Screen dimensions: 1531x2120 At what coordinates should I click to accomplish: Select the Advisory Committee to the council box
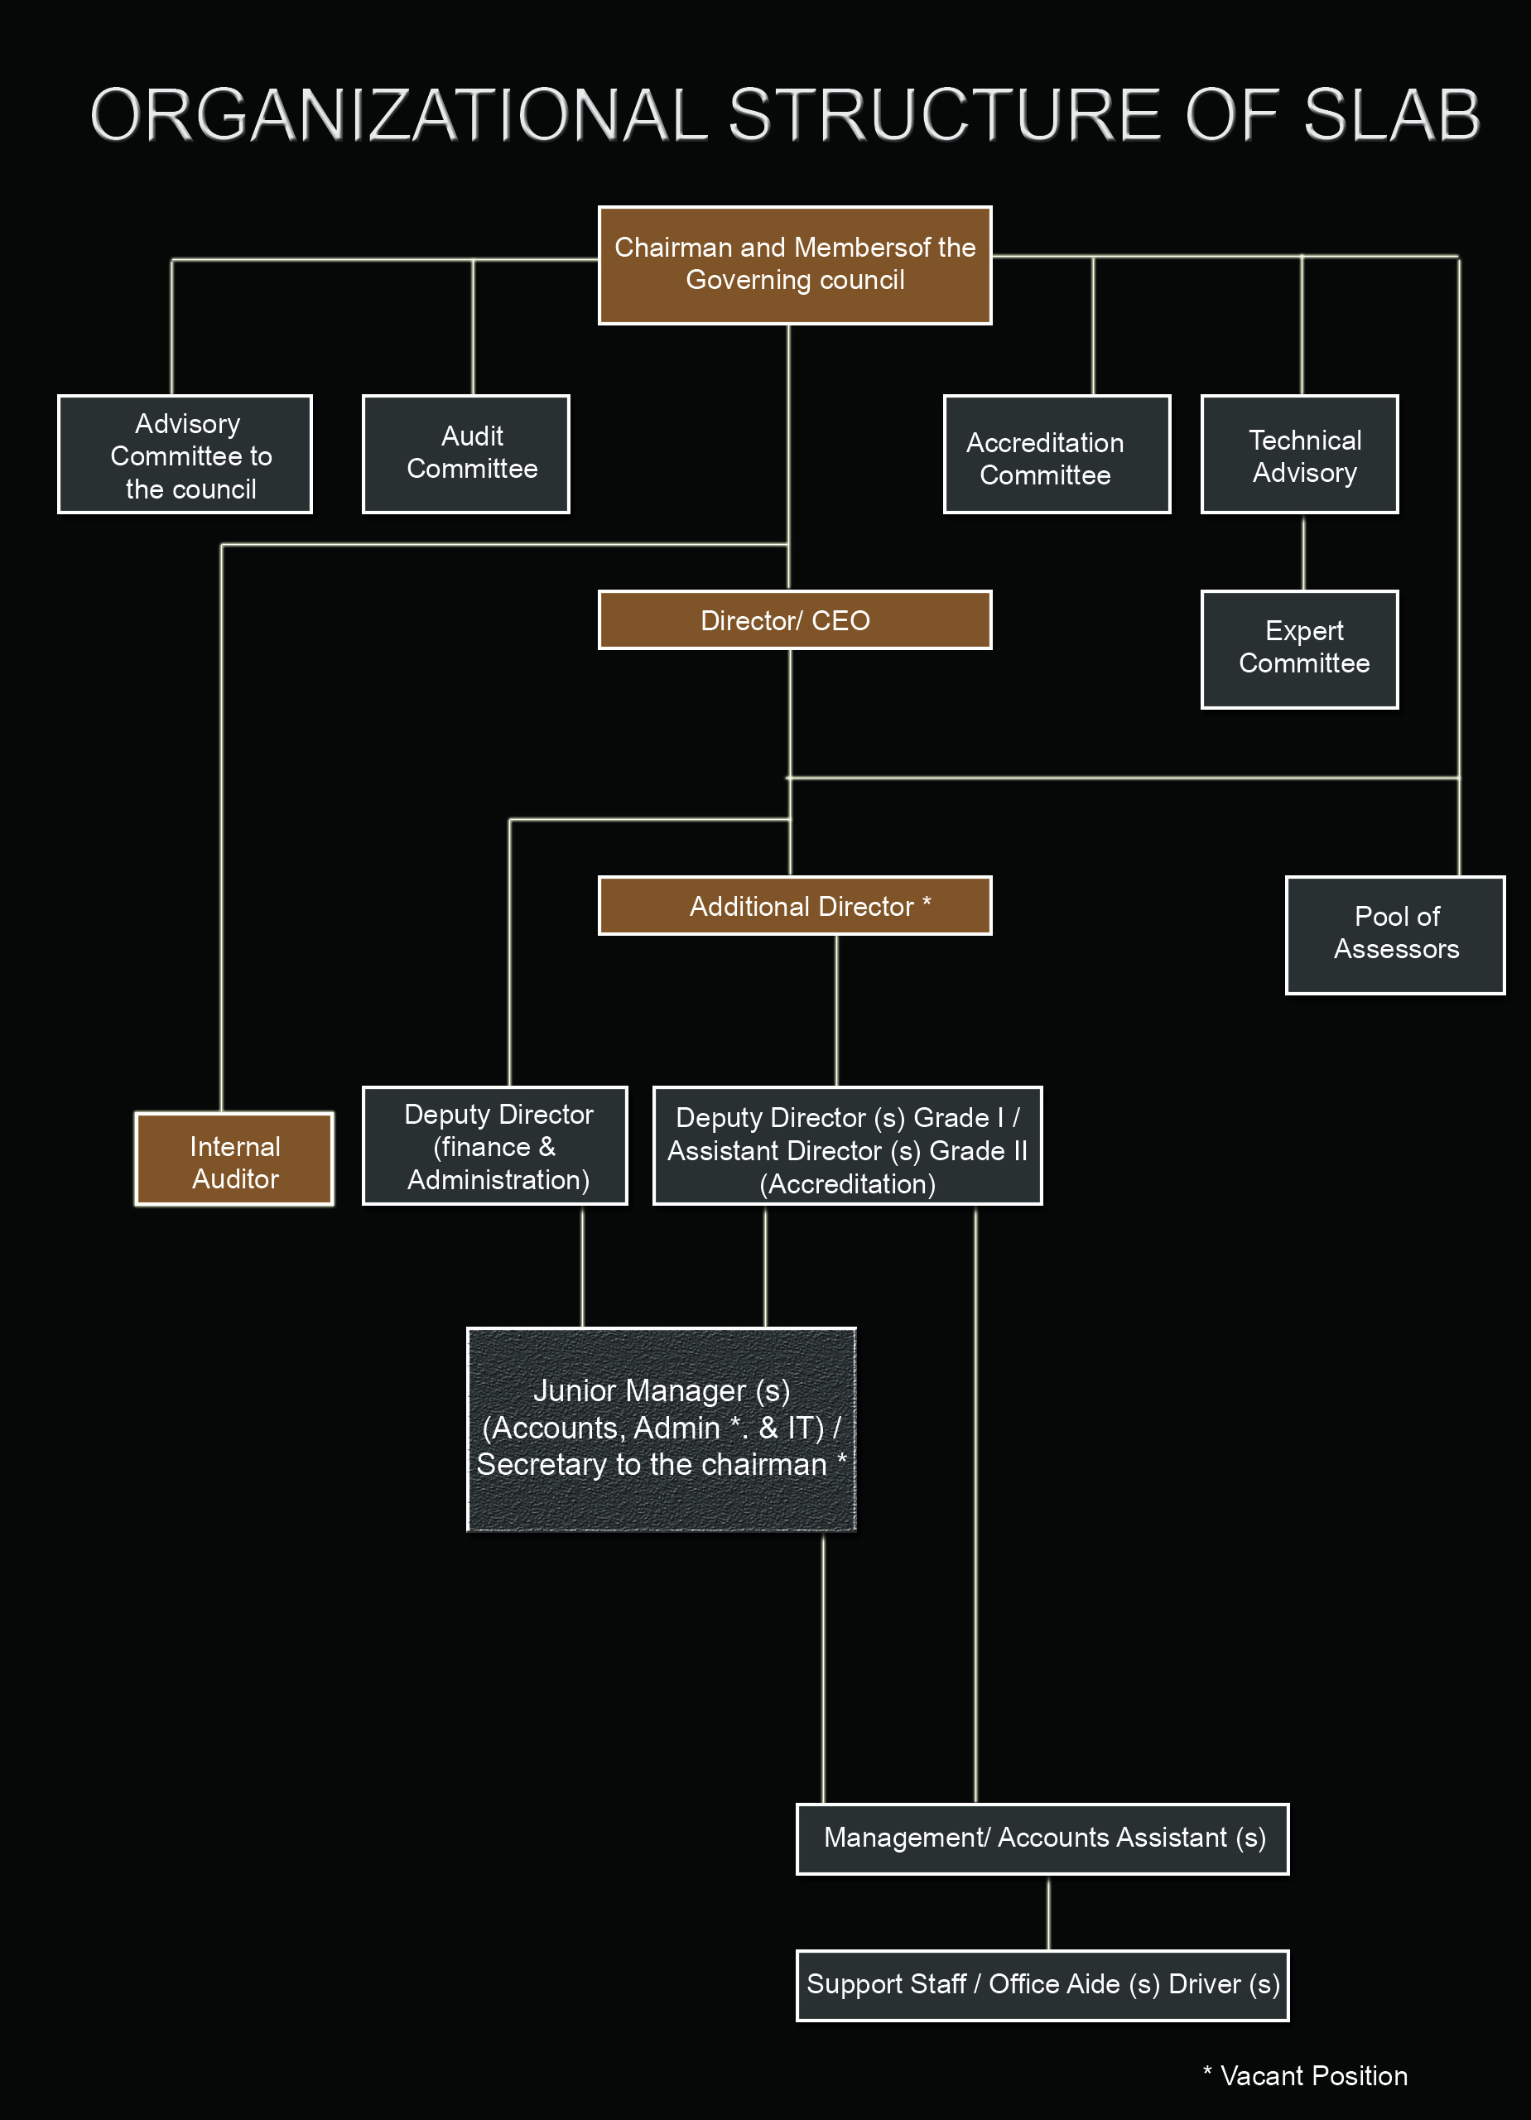click(185, 455)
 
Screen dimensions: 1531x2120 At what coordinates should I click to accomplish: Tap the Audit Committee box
click(465, 455)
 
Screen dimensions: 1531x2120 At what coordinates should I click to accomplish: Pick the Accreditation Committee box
click(1057, 455)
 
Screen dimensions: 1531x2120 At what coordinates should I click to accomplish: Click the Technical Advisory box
click(1299, 455)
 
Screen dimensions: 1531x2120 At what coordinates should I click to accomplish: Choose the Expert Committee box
click(1299, 649)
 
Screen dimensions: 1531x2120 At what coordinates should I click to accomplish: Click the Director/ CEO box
click(794, 619)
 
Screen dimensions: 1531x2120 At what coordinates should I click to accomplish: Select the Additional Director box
click(794, 906)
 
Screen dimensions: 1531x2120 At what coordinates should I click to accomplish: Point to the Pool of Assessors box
click(1395, 935)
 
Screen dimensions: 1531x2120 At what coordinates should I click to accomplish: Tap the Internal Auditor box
click(234, 1159)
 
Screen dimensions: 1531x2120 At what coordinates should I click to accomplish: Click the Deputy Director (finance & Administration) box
click(494, 1146)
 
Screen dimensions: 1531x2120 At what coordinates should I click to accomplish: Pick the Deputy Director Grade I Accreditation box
click(847, 1146)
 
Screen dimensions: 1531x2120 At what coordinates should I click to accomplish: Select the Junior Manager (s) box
click(662, 1429)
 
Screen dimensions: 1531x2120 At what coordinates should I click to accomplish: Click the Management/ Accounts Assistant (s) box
click(1042, 1839)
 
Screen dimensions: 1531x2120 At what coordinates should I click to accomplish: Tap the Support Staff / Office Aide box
click(1042, 1985)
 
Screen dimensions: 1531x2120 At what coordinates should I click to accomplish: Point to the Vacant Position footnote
click(1305, 2076)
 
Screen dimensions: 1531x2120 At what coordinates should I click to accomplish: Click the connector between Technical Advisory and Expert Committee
click(1304, 552)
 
